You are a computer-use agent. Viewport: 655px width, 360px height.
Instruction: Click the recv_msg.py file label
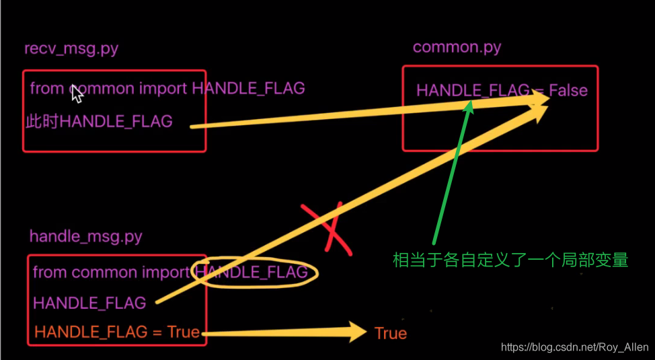click(x=71, y=49)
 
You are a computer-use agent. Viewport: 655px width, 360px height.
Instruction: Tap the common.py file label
click(x=457, y=47)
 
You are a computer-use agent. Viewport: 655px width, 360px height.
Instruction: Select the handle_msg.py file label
click(x=86, y=237)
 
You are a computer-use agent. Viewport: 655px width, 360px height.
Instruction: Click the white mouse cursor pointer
click(x=77, y=94)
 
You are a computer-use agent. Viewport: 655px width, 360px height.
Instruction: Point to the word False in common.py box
click(x=568, y=90)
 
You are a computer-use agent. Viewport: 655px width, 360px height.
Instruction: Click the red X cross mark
click(x=329, y=228)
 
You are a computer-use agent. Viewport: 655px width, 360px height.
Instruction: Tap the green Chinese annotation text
click(x=510, y=260)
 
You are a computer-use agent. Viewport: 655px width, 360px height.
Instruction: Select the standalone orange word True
click(x=391, y=333)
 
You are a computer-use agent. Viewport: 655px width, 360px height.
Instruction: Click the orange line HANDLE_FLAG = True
click(x=117, y=332)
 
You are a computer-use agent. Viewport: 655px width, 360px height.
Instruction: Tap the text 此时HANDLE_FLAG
click(x=99, y=122)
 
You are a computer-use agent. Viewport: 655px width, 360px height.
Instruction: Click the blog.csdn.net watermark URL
click(x=575, y=347)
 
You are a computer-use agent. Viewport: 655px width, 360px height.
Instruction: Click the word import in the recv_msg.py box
click(x=163, y=89)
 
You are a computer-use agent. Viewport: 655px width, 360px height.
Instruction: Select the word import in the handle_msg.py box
click(x=166, y=273)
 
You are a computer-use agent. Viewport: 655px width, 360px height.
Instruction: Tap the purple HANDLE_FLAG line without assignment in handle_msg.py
click(x=89, y=303)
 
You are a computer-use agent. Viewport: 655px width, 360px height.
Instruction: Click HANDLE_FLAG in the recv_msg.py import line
click(x=249, y=88)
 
